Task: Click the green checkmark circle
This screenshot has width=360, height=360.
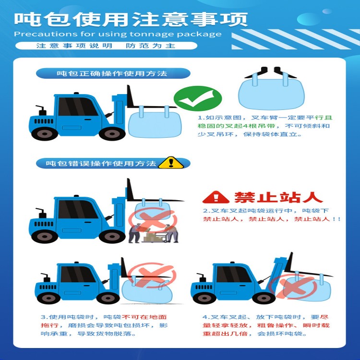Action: (x=198, y=98)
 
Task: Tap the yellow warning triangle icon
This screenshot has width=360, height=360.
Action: (x=171, y=163)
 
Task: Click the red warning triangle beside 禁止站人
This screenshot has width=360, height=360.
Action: (x=216, y=197)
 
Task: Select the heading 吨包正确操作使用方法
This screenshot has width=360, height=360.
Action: (x=112, y=73)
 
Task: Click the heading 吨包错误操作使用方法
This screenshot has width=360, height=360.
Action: (x=101, y=164)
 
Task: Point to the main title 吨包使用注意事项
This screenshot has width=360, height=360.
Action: (x=131, y=19)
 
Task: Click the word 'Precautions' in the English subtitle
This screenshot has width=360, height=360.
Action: (x=46, y=34)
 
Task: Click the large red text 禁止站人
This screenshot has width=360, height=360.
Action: (x=278, y=197)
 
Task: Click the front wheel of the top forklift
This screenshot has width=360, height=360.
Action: (x=112, y=133)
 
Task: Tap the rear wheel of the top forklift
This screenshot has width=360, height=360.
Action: (x=45, y=133)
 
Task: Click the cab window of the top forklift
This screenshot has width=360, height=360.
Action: (x=77, y=107)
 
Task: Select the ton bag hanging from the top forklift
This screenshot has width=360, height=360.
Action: (x=155, y=124)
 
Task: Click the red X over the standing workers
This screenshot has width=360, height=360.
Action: (x=153, y=220)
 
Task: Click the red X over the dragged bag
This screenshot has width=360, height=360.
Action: (x=152, y=275)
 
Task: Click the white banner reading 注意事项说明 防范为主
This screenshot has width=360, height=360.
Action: (x=106, y=46)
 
